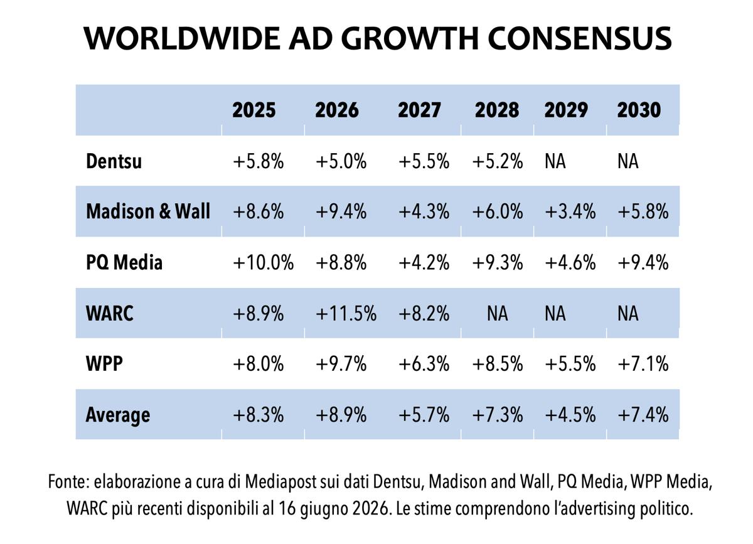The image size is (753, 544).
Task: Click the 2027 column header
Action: (419, 110)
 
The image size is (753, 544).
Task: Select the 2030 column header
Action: (639, 110)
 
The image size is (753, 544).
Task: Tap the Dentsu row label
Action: (114, 161)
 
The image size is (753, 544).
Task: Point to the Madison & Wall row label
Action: (148, 211)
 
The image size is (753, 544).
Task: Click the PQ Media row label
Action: (124, 262)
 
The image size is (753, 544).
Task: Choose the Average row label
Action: (118, 415)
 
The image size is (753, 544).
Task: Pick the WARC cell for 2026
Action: (346, 314)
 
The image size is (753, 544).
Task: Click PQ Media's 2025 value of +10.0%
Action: (263, 262)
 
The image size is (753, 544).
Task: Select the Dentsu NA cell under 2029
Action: (555, 161)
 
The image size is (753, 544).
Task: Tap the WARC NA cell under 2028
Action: (497, 314)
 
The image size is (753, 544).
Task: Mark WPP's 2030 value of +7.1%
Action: (643, 364)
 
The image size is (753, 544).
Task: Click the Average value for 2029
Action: (570, 415)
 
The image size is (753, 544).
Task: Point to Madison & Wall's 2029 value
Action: (570, 212)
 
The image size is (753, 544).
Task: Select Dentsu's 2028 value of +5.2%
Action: (498, 161)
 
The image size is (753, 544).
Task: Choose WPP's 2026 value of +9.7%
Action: (341, 364)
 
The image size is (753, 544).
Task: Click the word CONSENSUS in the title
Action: (579, 39)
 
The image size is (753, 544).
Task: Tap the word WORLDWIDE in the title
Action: (182, 39)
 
